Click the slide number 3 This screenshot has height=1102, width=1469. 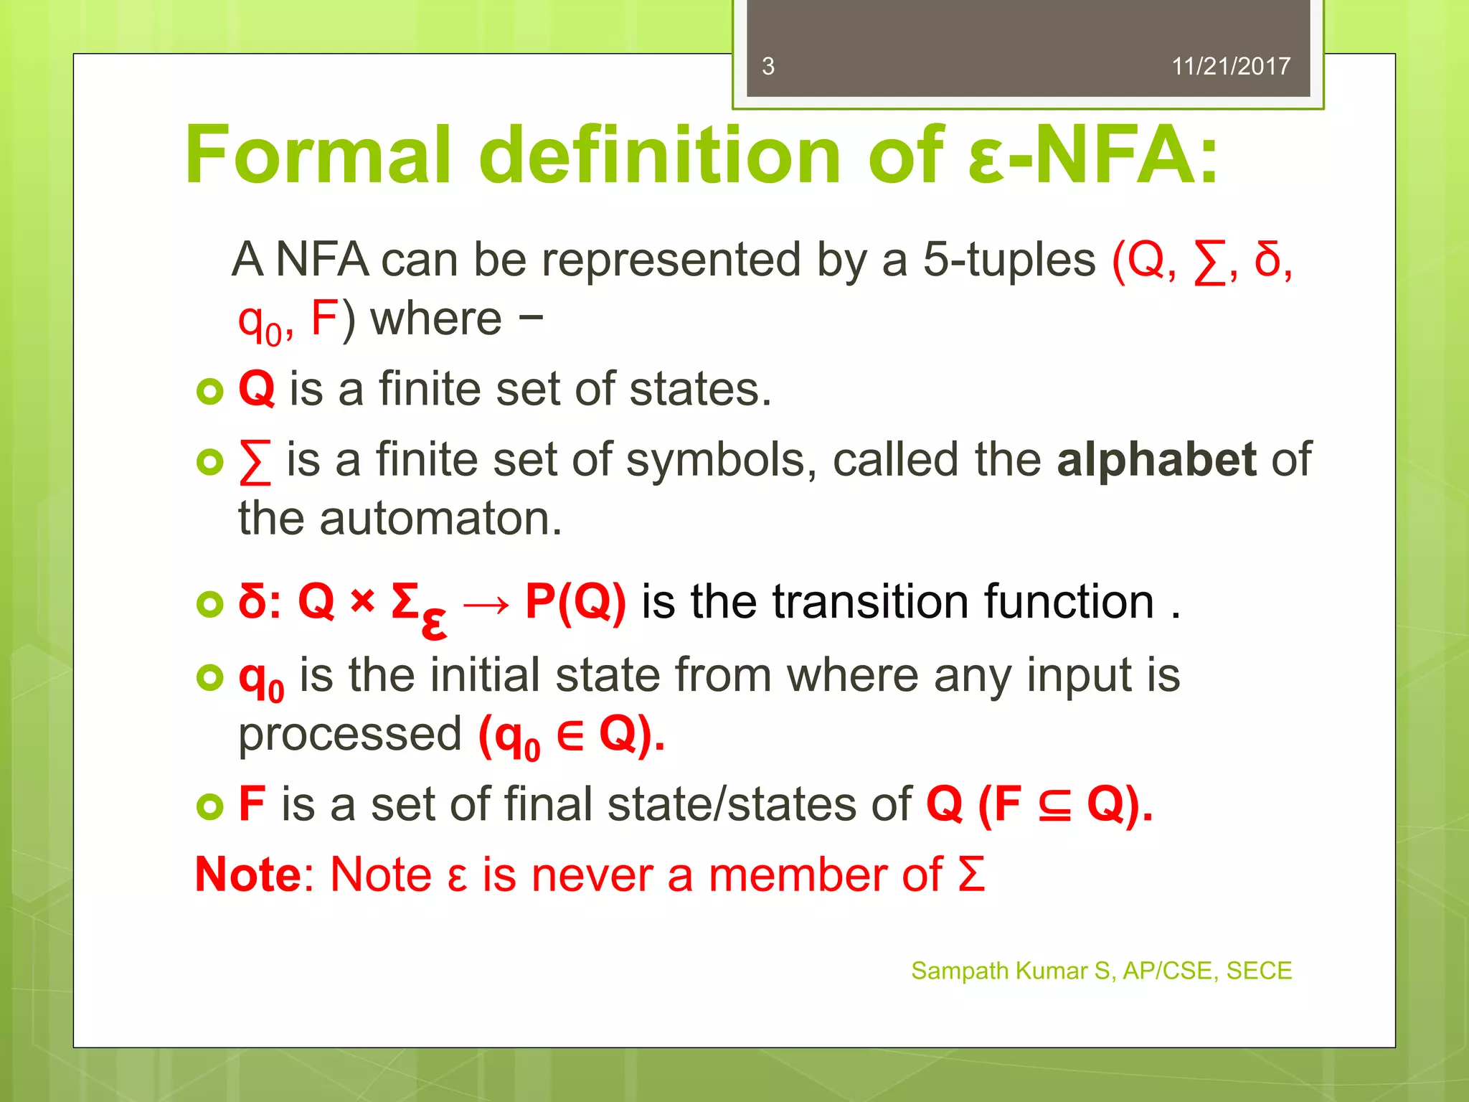768,67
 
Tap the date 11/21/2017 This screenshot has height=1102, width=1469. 1230,67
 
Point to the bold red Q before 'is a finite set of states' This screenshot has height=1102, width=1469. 256,389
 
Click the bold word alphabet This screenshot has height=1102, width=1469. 1156,460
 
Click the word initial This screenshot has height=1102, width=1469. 485,675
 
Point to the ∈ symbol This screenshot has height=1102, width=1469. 570,735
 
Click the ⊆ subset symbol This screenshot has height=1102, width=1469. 1054,805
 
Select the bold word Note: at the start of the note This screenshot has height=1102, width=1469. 254,875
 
